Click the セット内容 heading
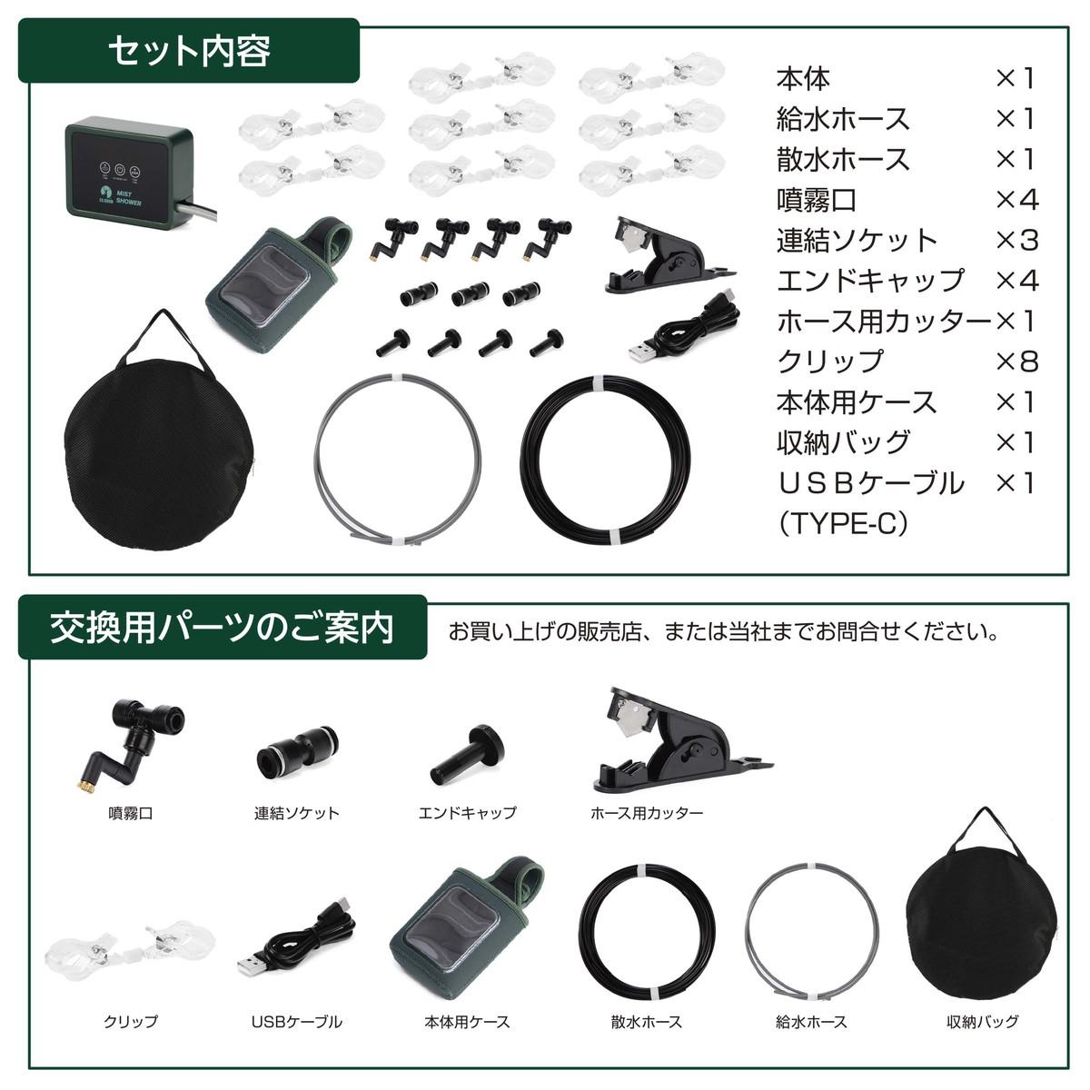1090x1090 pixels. click(189, 51)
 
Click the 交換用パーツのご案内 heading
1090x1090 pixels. click(222, 627)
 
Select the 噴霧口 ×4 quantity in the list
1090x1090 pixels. click(1016, 199)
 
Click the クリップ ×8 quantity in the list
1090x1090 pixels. click(1016, 361)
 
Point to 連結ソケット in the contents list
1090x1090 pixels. click(857, 240)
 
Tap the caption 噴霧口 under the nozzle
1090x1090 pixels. click(130, 813)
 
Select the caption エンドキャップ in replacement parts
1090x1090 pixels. click(467, 813)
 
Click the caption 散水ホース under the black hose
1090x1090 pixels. click(647, 1022)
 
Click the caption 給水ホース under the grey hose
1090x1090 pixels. click(811, 1022)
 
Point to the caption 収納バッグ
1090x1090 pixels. click(982, 1022)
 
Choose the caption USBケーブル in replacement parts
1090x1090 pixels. click(296, 1022)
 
